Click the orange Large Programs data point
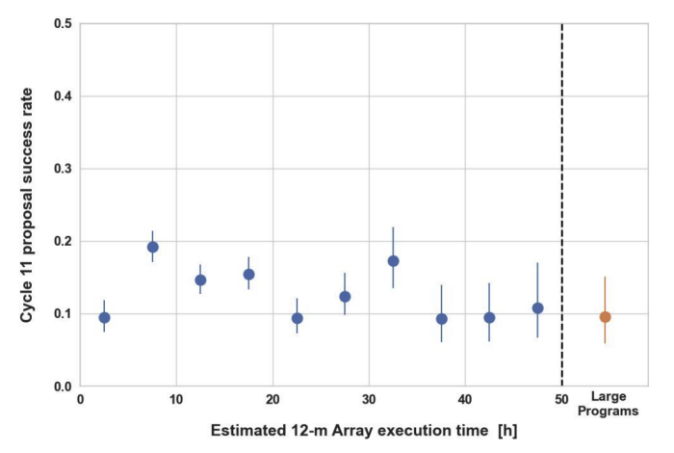(605, 317)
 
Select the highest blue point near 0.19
(152, 247)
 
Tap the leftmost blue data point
(104, 317)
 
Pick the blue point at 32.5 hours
(393, 260)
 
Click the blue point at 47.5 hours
(537, 308)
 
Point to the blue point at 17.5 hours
(248, 274)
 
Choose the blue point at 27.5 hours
(345, 297)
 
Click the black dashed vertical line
(561, 193)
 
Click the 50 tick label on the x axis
(561, 398)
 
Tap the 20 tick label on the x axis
(272, 398)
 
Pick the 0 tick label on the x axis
(81, 398)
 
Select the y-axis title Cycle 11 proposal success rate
(29, 204)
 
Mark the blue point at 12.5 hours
(200, 280)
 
